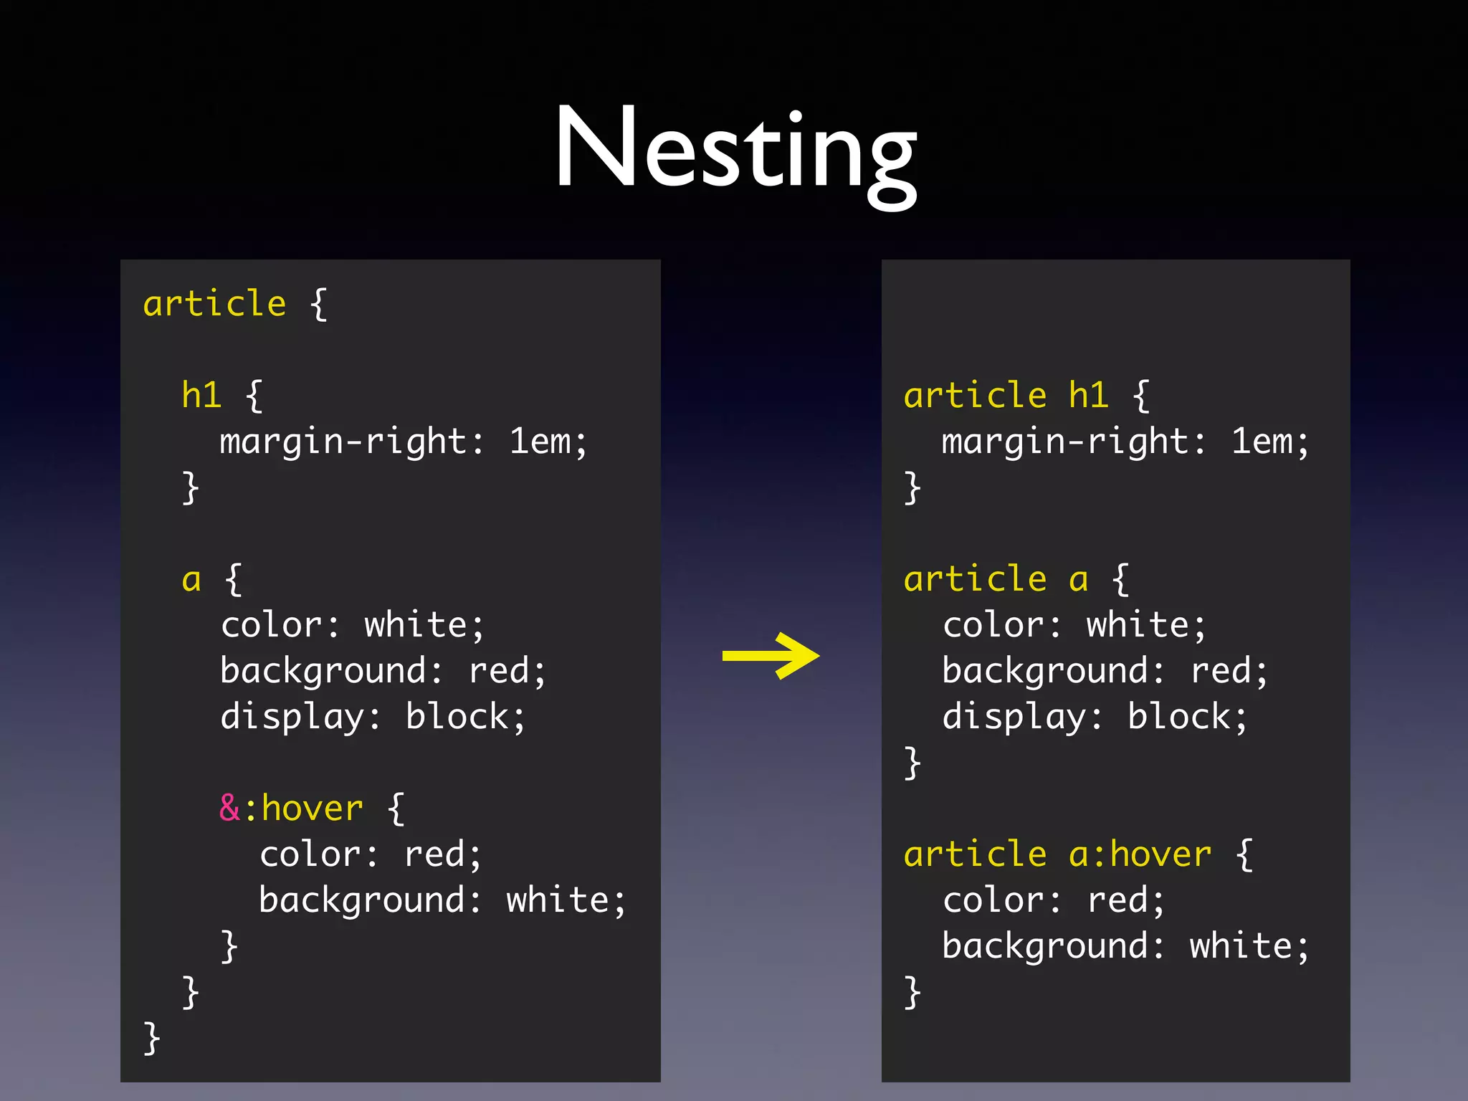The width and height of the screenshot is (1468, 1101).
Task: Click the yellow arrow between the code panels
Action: (x=771, y=655)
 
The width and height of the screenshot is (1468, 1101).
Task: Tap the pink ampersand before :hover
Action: (x=229, y=808)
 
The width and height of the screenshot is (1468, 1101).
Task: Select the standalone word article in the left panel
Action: (x=214, y=304)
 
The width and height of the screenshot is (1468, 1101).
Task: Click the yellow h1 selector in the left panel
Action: (x=201, y=395)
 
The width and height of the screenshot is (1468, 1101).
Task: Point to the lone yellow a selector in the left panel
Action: (x=191, y=579)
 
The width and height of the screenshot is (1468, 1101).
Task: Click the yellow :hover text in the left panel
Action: (x=312, y=809)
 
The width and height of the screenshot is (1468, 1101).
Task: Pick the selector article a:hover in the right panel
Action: (x=1057, y=854)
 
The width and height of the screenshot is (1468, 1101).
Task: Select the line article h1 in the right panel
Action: (x=1006, y=396)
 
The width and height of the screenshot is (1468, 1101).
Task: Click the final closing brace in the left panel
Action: (x=151, y=1038)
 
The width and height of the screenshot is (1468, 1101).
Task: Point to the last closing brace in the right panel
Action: (x=912, y=992)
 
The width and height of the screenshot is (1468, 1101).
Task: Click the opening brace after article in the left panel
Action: (x=319, y=304)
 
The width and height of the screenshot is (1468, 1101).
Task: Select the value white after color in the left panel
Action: (x=416, y=625)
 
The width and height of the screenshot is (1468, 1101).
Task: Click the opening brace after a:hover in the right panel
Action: (x=1245, y=854)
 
